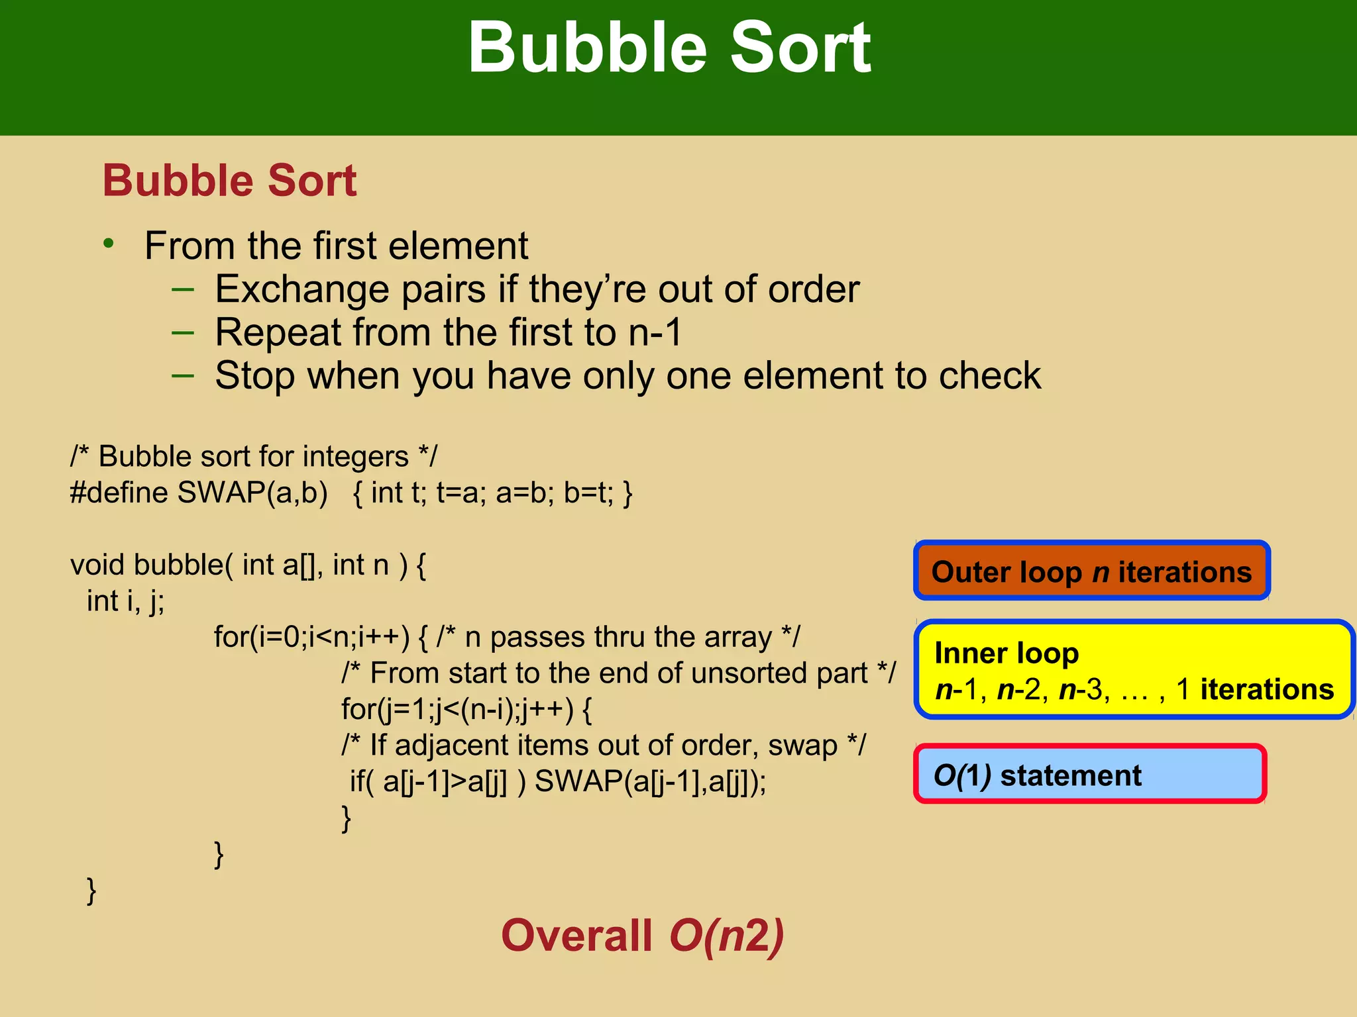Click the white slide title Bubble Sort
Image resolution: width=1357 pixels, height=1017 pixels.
[x=669, y=48]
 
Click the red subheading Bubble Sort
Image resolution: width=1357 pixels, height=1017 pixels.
[x=229, y=180]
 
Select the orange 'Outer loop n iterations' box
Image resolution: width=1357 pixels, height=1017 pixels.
[x=1091, y=571]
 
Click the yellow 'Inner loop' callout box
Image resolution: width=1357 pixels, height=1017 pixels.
[x=1133, y=669]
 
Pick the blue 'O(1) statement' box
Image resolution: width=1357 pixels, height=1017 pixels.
[x=1089, y=775]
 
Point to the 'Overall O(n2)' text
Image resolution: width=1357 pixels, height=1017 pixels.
[x=642, y=935]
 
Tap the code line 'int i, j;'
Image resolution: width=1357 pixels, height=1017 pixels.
[x=126, y=601]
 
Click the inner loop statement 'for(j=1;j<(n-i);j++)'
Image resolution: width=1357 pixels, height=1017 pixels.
[x=457, y=709]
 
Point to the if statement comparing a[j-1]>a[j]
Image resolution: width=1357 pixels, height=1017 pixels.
[x=437, y=781]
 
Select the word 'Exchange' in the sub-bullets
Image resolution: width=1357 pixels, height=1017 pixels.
[x=302, y=289]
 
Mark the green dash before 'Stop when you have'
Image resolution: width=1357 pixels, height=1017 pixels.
[x=182, y=375]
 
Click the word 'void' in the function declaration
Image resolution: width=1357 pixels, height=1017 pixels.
[x=99, y=565]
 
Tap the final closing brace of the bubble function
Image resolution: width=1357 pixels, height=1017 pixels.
[x=91, y=890]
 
